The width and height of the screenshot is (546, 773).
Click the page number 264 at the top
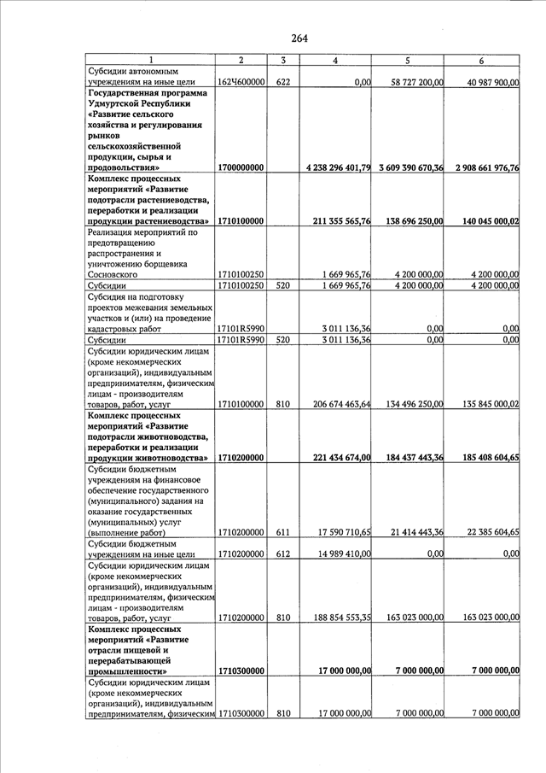[299, 38]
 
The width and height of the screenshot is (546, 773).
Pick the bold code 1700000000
[241, 168]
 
